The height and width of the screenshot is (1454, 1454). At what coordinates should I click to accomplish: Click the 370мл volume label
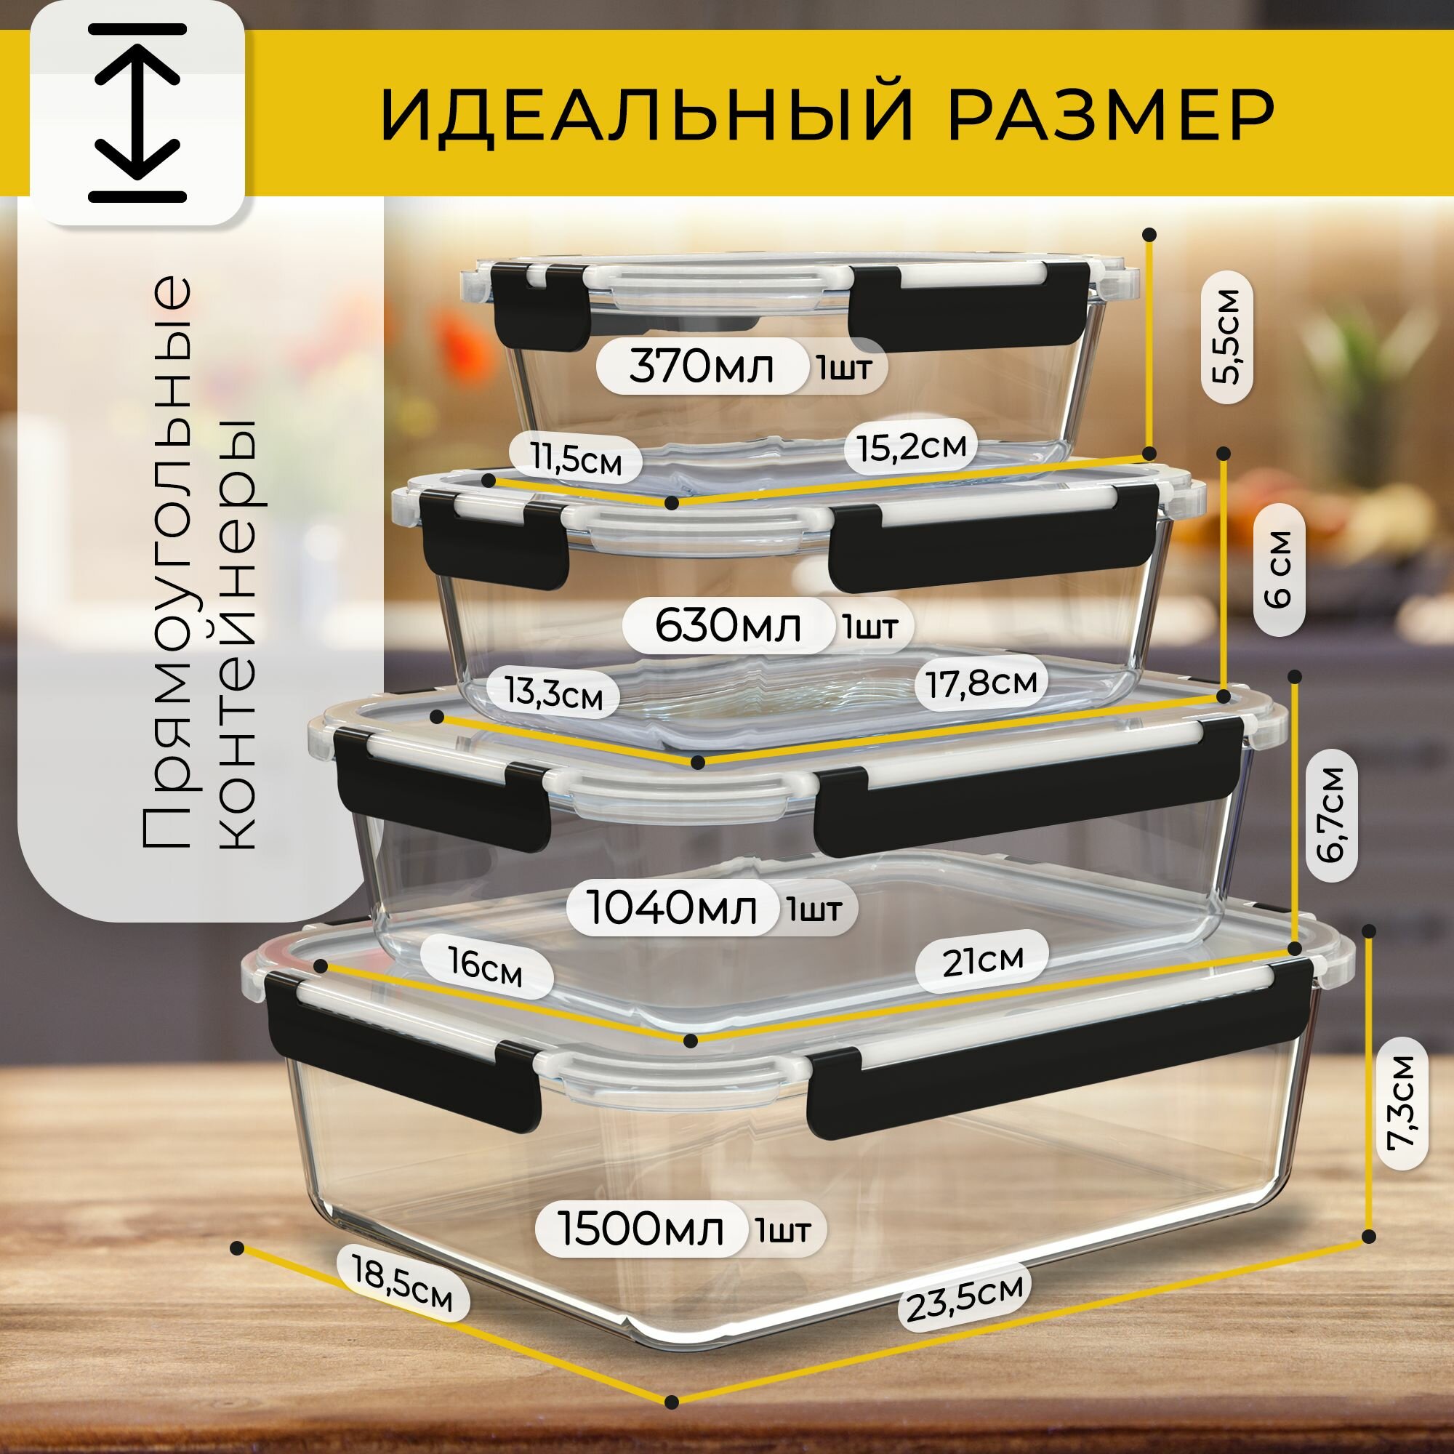pos(701,367)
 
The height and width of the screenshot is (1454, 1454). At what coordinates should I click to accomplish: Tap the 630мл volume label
pos(727,625)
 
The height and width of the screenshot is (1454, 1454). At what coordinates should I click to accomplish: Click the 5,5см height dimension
pos(1227,338)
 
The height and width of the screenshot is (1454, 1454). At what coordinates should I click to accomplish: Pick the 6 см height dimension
pos(1279,571)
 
